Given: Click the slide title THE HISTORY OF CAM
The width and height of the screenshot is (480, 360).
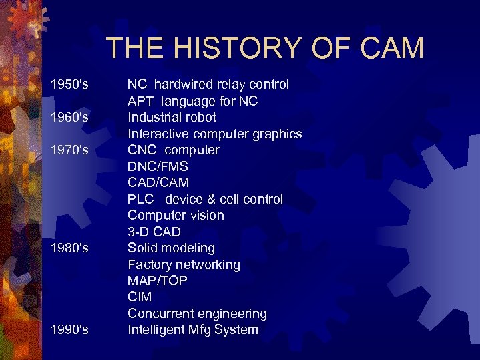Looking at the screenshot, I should [264, 48].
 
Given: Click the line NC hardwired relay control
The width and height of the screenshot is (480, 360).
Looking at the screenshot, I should [208, 85].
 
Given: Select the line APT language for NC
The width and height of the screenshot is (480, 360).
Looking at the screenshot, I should [193, 102].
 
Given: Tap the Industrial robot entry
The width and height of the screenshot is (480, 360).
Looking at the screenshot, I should [172, 118].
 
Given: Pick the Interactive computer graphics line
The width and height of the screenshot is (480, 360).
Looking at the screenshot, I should [214, 134].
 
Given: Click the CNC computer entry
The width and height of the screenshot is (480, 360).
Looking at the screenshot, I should [173, 150].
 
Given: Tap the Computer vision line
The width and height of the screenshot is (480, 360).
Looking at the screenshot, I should [176, 216].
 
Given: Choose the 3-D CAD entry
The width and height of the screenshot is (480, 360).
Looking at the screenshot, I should [154, 232].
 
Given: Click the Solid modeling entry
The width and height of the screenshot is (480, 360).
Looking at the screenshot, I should [171, 248].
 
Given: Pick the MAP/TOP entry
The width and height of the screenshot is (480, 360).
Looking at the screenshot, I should [158, 281].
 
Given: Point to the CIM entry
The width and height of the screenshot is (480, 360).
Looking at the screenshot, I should [140, 297].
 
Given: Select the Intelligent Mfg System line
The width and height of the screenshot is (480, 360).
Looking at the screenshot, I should [193, 330].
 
